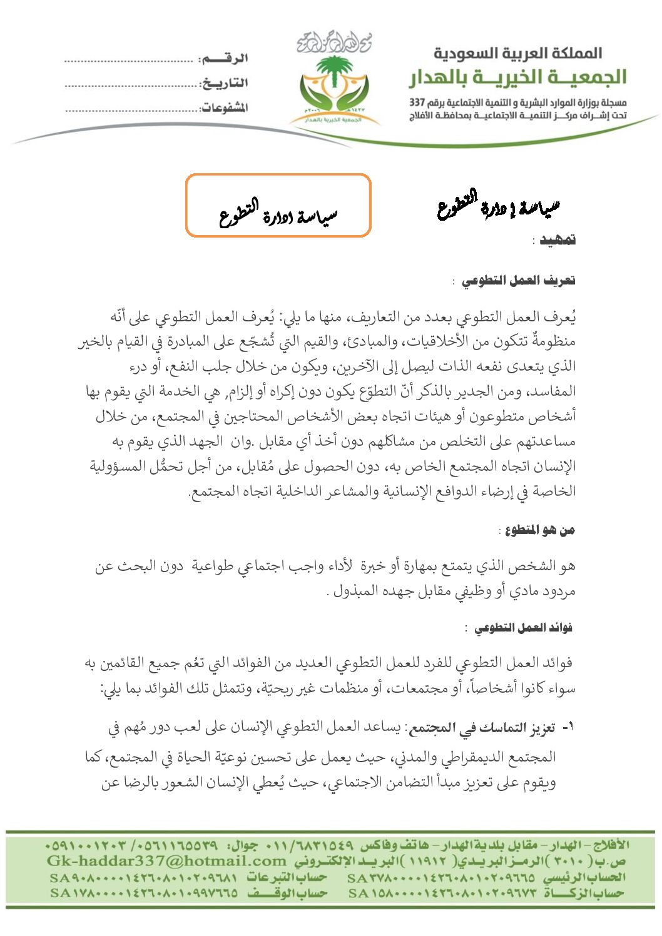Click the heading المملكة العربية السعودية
coord(518,53)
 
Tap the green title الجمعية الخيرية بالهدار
coord(518,78)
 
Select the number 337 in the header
coord(417,102)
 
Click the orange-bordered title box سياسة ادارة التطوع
coord(278,206)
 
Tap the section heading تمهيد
coord(558,240)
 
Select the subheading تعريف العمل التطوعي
coord(519,281)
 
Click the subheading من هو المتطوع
coord(540,530)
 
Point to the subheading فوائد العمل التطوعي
coord(523,628)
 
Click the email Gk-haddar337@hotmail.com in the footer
coord(166,861)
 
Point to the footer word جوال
coord(245,845)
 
